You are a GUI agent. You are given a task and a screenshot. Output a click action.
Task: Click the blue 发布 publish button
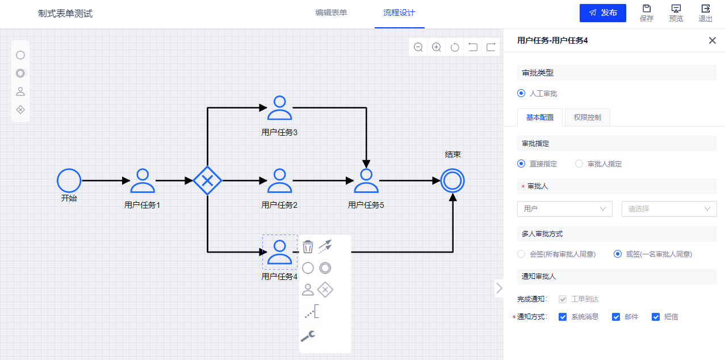(602, 13)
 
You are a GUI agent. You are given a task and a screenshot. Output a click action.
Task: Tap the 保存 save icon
(646, 9)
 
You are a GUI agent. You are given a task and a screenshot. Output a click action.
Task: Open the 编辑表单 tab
(331, 13)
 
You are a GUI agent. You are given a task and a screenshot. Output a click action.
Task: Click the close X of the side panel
(712, 40)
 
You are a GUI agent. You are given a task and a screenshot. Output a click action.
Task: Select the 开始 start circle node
(69, 181)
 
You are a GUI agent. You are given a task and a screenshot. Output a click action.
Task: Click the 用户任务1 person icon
(143, 181)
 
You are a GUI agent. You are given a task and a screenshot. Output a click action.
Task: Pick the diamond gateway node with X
(207, 181)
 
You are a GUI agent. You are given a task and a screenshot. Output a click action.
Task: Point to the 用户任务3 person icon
(279, 108)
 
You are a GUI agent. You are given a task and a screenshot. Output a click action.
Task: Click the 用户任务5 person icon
(366, 181)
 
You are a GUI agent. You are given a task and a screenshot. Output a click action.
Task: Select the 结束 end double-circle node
(452, 181)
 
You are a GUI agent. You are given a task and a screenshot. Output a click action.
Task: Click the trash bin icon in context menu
(308, 246)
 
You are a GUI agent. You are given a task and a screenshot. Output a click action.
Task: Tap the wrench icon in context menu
(308, 336)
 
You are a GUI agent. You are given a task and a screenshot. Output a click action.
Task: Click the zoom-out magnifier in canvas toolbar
(418, 47)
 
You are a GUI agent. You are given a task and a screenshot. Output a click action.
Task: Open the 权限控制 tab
(587, 118)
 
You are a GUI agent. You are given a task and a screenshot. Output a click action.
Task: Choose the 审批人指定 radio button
(579, 164)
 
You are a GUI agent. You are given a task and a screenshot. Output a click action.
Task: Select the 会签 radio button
(521, 254)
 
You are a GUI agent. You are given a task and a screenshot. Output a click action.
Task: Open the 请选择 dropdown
(669, 209)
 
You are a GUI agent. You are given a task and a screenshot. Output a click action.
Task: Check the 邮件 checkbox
(615, 317)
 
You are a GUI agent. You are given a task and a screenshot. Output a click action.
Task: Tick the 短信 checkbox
(655, 317)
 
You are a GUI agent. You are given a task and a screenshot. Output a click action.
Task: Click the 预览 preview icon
(676, 9)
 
